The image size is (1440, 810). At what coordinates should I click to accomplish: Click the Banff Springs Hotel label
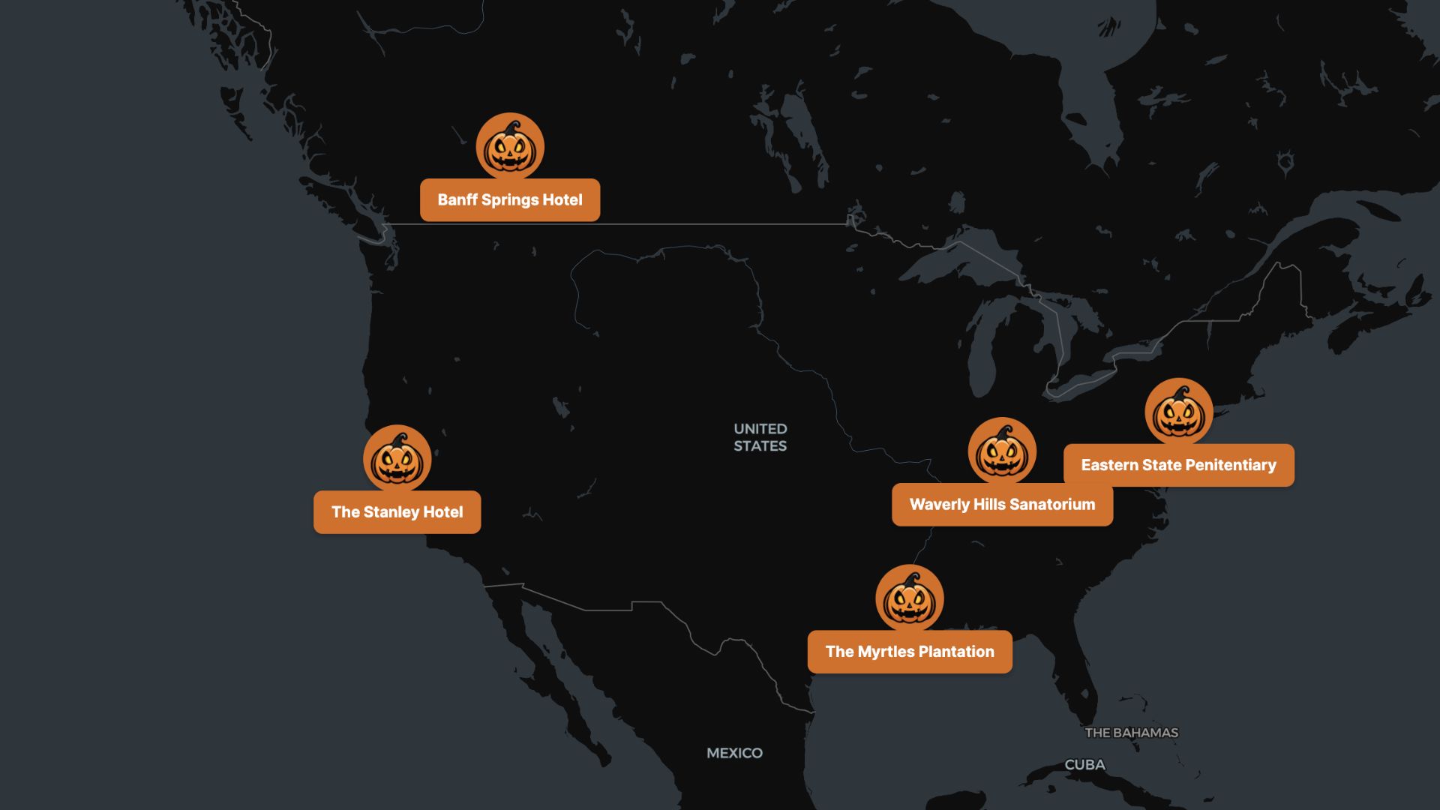click(509, 200)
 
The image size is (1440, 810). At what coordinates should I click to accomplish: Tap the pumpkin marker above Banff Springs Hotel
click(510, 147)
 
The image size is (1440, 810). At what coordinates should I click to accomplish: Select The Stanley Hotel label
click(397, 512)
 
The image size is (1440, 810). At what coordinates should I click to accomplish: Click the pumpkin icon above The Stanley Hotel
click(397, 459)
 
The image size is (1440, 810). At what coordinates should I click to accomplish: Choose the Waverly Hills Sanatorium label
click(1002, 505)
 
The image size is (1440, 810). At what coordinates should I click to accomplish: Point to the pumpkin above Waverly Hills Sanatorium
click(1002, 451)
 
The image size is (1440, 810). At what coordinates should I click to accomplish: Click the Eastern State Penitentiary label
click(1178, 465)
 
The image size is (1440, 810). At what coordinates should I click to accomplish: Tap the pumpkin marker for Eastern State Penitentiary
click(1179, 412)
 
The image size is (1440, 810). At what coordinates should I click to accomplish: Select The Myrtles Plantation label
click(910, 652)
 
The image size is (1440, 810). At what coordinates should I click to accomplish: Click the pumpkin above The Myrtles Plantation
click(910, 598)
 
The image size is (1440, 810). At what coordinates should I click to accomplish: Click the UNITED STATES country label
click(760, 437)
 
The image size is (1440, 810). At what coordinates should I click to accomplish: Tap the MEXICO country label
click(734, 753)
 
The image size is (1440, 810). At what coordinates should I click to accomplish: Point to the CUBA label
click(1084, 765)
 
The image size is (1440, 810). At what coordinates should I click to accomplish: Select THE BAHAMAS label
click(1131, 733)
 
